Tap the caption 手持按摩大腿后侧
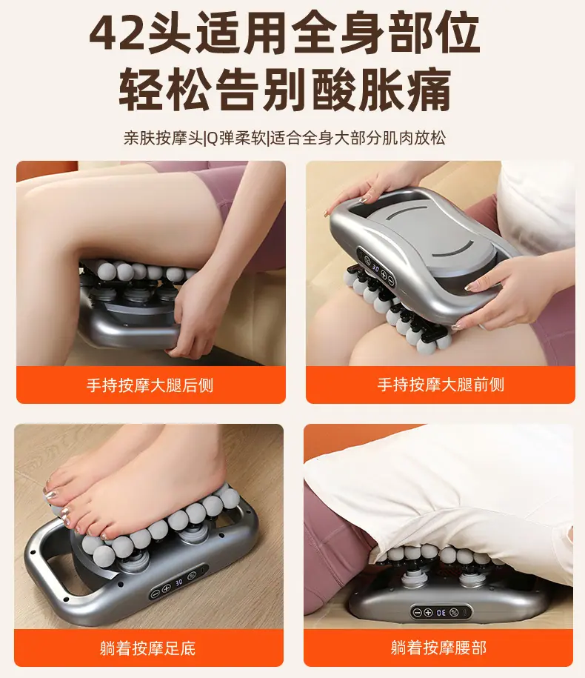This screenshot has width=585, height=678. (150, 385)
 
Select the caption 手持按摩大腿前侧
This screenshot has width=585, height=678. (441, 385)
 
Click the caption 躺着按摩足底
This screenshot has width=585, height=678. (148, 648)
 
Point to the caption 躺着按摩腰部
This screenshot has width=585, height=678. (438, 648)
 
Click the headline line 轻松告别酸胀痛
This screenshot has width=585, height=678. (285, 89)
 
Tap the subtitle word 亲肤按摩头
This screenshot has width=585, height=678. (163, 139)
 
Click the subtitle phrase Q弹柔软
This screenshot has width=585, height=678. (236, 139)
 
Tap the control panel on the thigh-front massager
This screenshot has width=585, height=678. (375, 267)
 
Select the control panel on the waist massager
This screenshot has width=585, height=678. (441, 612)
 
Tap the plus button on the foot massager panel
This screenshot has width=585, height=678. (167, 589)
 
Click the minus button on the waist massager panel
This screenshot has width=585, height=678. (417, 613)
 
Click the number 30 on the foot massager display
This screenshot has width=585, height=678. (179, 583)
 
